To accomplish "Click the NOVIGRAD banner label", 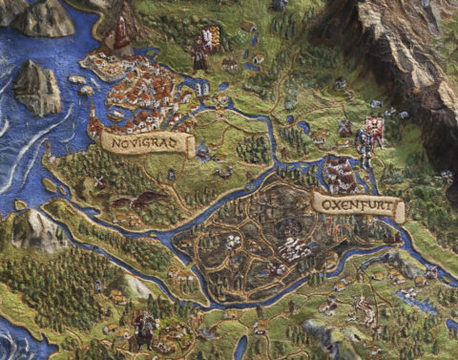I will pyautogui.click(x=148, y=143).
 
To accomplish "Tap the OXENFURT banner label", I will pyautogui.click(x=358, y=205).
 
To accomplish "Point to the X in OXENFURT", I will pyautogui.click(x=334, y=203).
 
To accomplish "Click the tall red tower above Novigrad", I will pyautogui.click(x=122, y=36).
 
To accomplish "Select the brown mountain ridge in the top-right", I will pyautogui.click(x=401, y=48).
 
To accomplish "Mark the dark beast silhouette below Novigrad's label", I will pyautogui.click(x=143, y=200).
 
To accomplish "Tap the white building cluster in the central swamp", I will pyautogui.click(x=291, y=248).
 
